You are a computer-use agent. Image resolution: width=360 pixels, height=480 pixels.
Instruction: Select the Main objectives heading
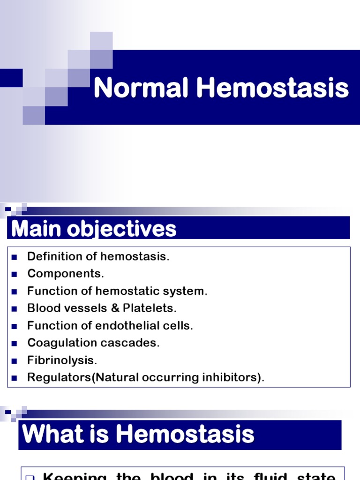pyautogui.click(x=94, y=229)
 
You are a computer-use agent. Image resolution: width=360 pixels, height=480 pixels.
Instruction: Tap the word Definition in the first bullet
pyautogui.click(x=50, y=256)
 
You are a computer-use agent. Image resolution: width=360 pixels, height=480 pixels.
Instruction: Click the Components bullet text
pyautogui.click(x=66, y=274)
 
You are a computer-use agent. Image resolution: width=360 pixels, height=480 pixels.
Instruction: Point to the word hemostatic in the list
pyautogui.click(x=123, y=291)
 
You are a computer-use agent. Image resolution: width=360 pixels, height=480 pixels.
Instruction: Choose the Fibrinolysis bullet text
pyautogui.click(x=62, y=360)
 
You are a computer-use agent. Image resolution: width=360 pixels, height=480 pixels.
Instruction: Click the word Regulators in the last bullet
pyautogui.click(x=60, y=378)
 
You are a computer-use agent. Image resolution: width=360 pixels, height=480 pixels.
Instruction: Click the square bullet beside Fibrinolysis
pyautogui.click(x=14, y=361)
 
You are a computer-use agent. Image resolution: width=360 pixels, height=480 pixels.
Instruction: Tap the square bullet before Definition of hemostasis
pyautogui.click(x=14, y=257)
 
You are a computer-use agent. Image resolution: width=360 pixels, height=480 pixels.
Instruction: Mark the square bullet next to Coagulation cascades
pyautogui.click(x=14, y=344)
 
